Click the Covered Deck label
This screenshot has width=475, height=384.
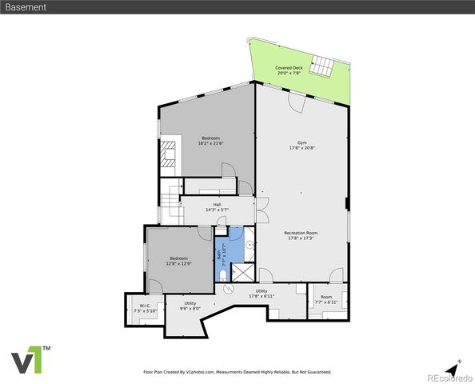click(289, 70)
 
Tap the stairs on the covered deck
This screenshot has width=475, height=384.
click(322, 65)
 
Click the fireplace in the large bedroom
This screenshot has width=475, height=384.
click(168, 154)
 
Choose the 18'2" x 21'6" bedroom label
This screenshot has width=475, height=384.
click(211, 141)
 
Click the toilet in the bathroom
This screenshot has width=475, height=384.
click(222, 274)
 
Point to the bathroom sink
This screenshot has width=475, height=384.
click(249, 247)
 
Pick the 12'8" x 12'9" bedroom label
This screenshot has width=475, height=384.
click(178, 261)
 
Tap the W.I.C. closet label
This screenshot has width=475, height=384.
click(145, 308)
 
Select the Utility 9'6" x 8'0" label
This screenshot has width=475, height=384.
click(190, 306)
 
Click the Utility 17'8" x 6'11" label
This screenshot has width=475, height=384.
click(261, 294)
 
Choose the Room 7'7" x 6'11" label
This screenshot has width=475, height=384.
click(326, 301)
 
